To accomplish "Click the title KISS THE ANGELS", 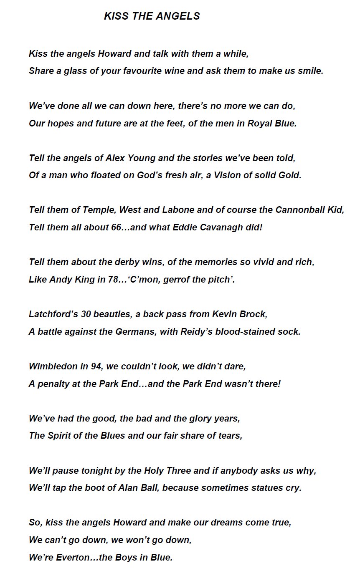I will pyautogui.click(x=152, y=16).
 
